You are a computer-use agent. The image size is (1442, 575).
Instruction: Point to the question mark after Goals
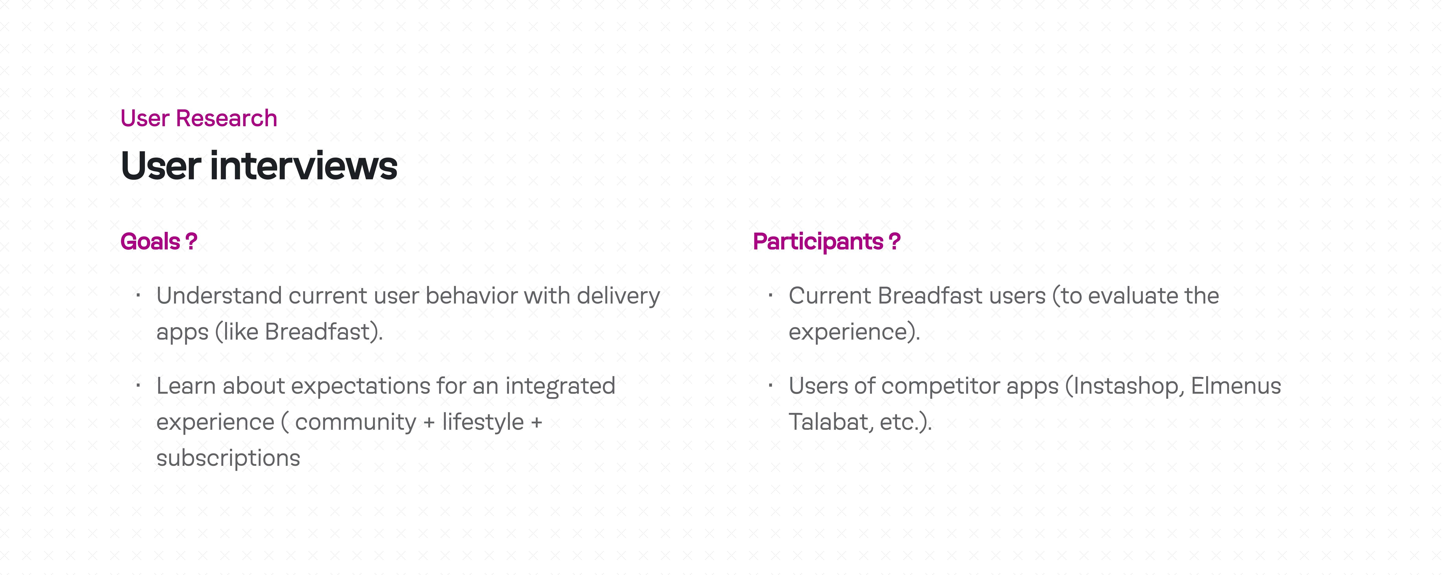[x=192, y=241]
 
